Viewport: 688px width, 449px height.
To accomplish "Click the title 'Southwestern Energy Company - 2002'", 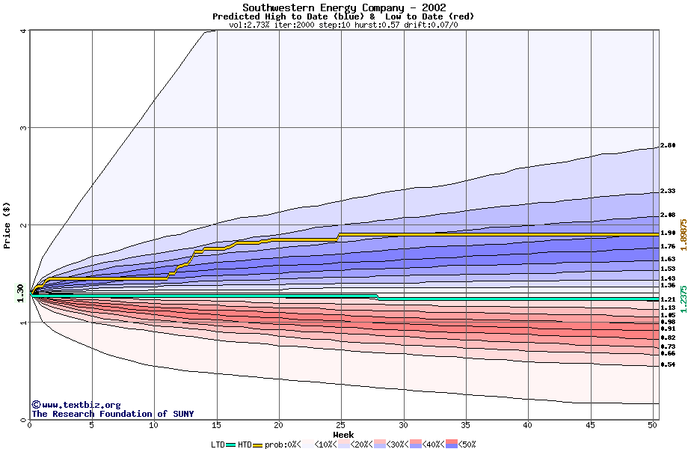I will tap(343, 7).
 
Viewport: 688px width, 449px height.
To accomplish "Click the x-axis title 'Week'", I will tap(343, 435).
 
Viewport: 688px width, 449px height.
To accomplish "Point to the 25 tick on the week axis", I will tap(341, 425).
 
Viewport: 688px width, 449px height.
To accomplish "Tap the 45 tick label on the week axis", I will tap(590, 425).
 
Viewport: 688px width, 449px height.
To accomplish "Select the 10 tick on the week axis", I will tap(154, 425).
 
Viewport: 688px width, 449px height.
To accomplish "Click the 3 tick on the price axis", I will tap(24, 128).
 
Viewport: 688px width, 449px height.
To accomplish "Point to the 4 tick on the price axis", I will tap(24, 31).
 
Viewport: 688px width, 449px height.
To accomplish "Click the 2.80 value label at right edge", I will tap(668, 146).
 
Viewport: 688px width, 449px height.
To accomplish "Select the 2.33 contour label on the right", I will tap(668, 192).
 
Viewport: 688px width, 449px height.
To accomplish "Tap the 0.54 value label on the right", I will tap(668, 364).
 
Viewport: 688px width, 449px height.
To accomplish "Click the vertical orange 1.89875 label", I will tap(683, 234).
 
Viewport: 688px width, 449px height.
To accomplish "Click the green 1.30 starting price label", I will tap(20, 293).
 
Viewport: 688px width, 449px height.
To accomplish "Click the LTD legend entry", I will tap(224, 445).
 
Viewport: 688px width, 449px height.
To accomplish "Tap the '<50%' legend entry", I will tap(465, 445).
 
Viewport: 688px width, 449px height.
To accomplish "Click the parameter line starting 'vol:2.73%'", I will tap(343, 25).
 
